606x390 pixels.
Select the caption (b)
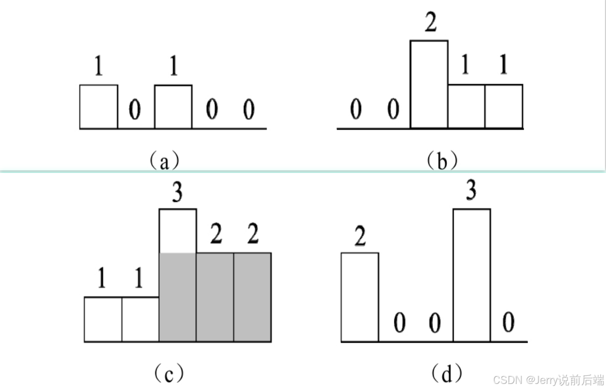(442, 161)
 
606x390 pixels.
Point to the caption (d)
(446, 374)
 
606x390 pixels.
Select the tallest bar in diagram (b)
(429, 84)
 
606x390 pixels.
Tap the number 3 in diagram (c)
(177, 194)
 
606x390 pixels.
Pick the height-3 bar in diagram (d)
(472, 275)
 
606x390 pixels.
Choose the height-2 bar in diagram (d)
(360, 297)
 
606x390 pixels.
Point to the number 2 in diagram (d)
(360, 236)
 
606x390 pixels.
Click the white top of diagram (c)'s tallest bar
(177, 231)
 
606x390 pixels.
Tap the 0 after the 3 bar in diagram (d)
(508, 323)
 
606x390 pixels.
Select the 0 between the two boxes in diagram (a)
(135, 110)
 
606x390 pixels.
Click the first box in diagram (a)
(99, 107)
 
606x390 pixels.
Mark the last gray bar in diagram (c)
(252, 297)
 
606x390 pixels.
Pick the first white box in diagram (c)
(103, 319)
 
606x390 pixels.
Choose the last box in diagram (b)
(504, 107)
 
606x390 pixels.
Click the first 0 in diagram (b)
(356, 110)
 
